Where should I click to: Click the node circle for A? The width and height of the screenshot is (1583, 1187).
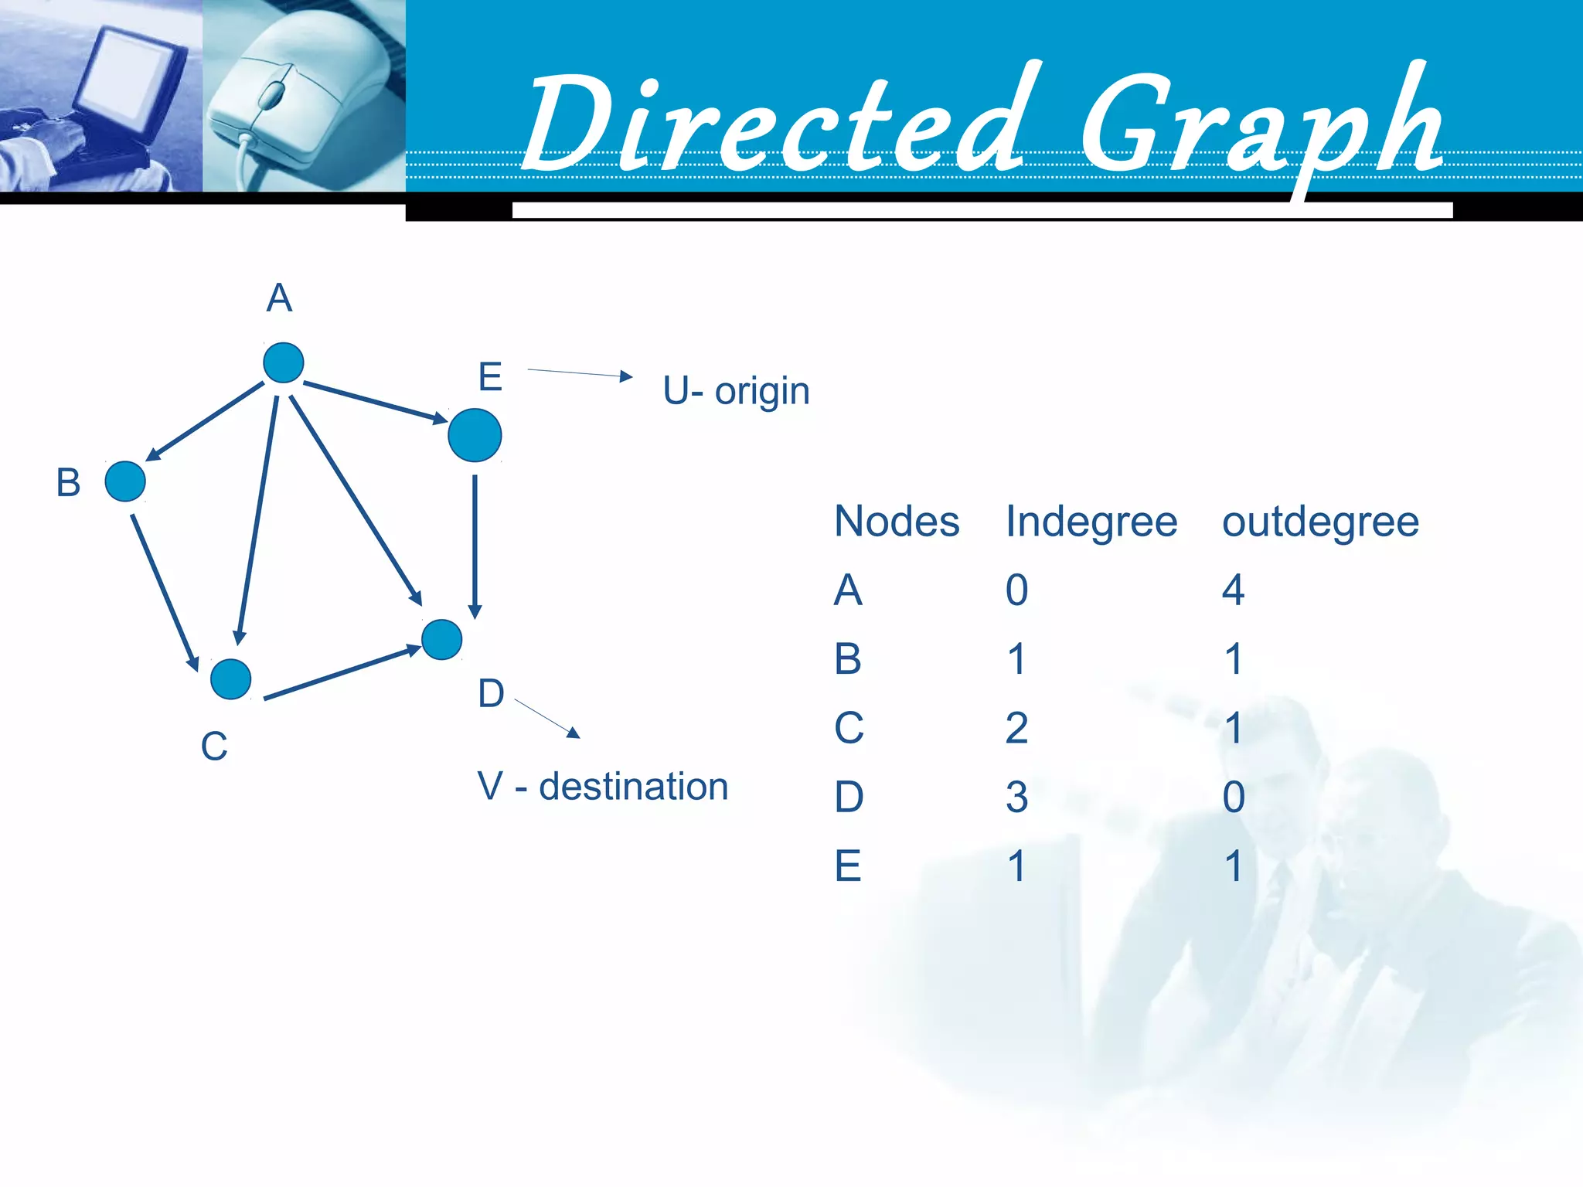(x=283, y=362)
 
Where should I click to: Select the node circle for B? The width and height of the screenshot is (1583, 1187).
(x=125, y=481)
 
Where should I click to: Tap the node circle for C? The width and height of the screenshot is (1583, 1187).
(x=230, y=679)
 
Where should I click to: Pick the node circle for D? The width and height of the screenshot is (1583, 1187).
(x=442, y=639)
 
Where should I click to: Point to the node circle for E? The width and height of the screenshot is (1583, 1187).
(x=475, y=435)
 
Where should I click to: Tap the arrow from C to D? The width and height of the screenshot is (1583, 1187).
(x=342, y=673)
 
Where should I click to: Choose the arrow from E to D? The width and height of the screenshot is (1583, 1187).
(x=475, y=546)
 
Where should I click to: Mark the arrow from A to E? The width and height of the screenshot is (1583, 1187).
(x=375, y=402)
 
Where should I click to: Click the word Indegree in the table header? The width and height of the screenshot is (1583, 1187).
(x=1091, y=522)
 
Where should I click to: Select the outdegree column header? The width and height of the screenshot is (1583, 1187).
(x=1320, y=522)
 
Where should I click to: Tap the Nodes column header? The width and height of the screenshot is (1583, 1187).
(x=897, y=522)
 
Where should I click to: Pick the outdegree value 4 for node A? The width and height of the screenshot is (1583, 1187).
(x=1233, y=590)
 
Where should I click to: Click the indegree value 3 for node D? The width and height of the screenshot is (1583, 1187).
(x=1016, y=797)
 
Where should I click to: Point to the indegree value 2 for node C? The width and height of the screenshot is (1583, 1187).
(x=1016, y=728)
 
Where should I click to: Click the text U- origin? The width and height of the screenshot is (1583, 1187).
(x=736, y=391)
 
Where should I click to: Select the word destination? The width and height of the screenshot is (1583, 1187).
(x=633, y=787)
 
